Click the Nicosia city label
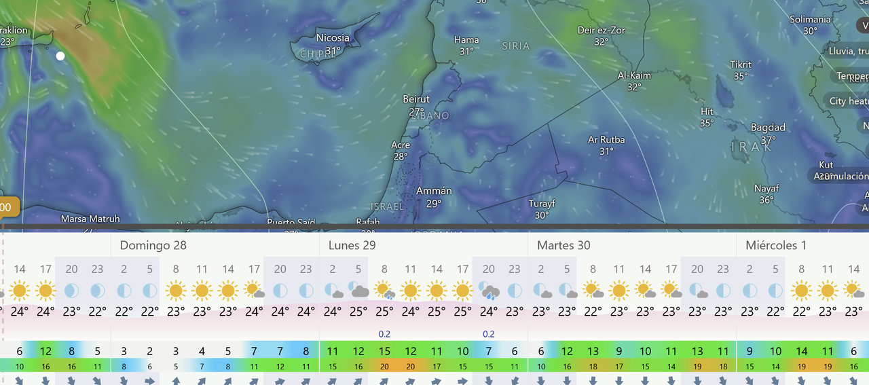point(333,38)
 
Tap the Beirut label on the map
point(417,99)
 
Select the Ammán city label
point(434,191)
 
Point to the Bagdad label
point(768,128)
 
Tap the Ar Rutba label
point(606,140)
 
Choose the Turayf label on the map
point(542,203)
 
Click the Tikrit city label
point(741,65)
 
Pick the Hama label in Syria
point(466,40)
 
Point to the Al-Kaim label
point(634,75)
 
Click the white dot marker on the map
point(60,56)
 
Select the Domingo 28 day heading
point(153,245)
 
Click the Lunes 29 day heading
point(352,245)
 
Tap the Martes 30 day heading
point(563,245)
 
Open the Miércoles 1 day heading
point(776,245)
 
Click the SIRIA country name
point(516,46)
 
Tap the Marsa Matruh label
point(90,219)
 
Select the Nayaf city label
point(766,188)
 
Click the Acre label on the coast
point(401,145)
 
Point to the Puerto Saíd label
point(290,222)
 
